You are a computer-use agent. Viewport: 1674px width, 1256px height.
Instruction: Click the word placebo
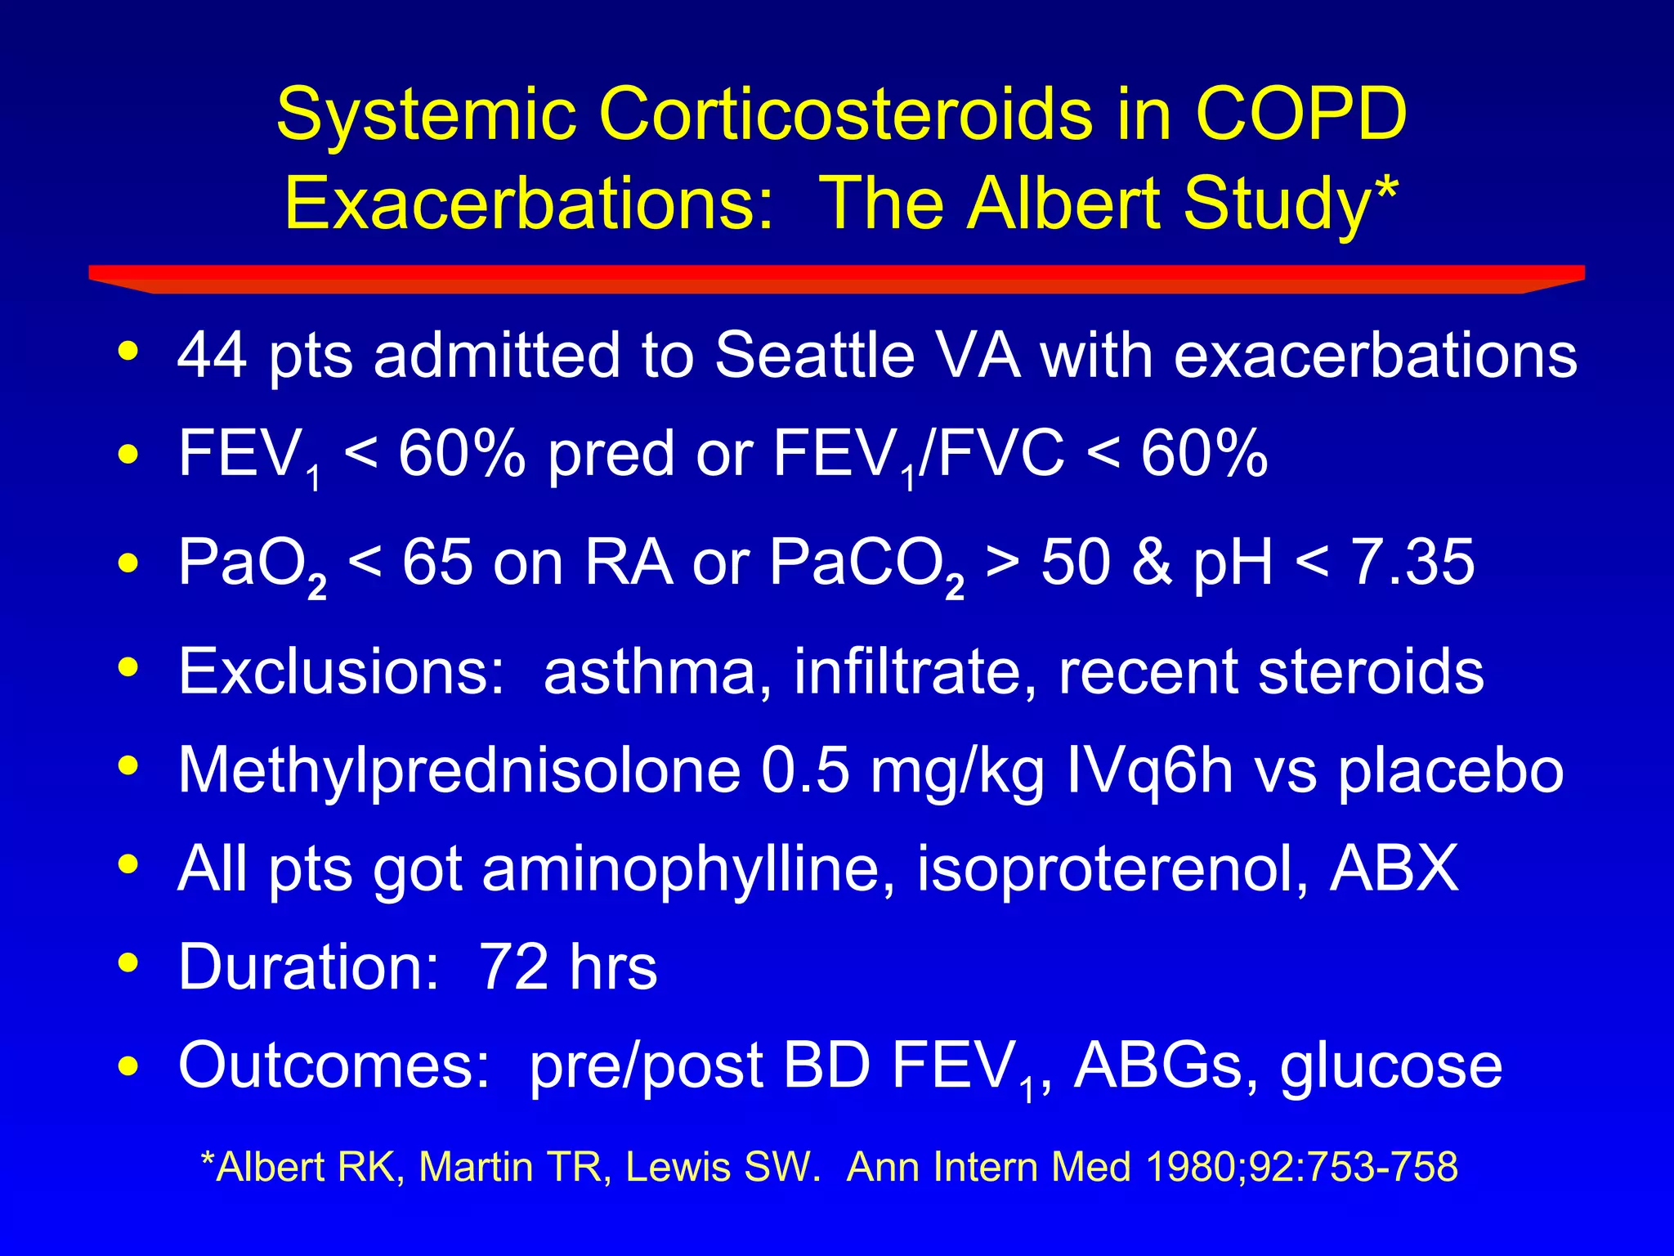[x=1450, y=771]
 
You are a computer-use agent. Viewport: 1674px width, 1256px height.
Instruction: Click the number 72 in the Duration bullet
[x=513, y=967]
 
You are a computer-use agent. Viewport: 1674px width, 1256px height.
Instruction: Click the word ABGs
[x=1158, y=1065]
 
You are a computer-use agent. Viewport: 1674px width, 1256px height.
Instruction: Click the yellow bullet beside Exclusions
[x=128, y=668]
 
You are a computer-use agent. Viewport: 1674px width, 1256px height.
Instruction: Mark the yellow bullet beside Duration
[x=128, y=963]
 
